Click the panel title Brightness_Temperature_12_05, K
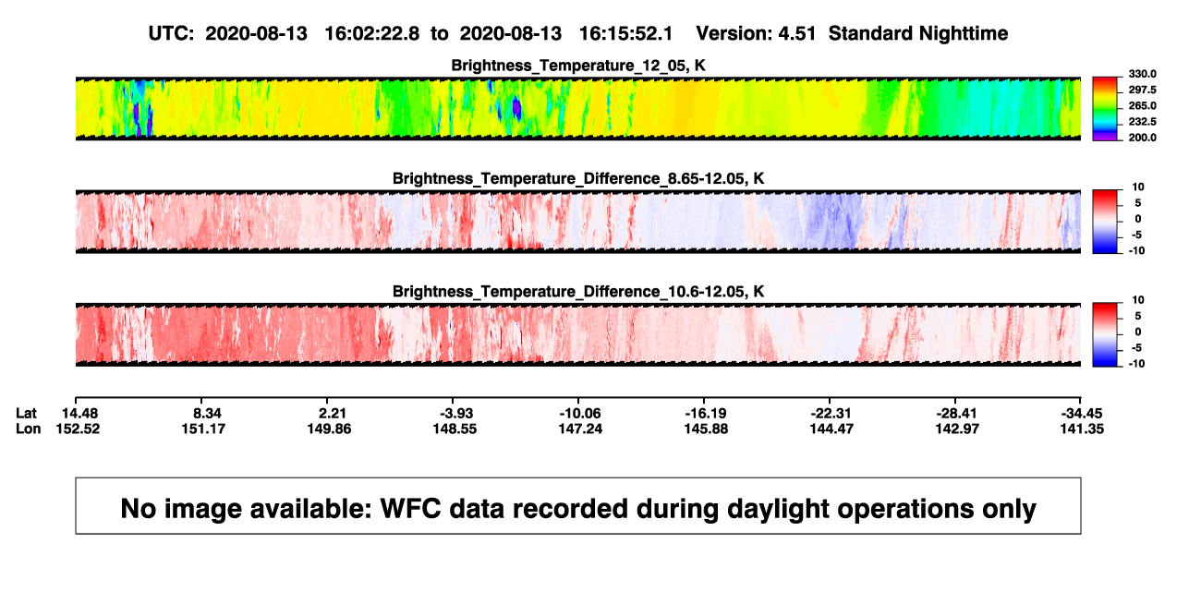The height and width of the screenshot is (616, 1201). pos(578,66)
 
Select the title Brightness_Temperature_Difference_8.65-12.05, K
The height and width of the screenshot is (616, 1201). pos(578,178)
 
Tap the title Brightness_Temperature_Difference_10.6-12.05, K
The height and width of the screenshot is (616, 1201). pos(578,292)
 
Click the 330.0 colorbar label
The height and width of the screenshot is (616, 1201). pos(1142,74)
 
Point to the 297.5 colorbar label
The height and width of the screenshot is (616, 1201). pos(1142,90)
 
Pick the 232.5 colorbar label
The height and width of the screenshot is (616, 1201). pos(1142,122)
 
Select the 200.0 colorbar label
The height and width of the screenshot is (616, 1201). pos(1142,138)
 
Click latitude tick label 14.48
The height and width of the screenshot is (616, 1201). pos(79,414)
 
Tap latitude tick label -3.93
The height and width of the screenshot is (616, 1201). pos(456,414)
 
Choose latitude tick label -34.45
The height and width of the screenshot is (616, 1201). pos(1082,414)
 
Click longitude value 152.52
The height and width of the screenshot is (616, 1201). pos(78,429)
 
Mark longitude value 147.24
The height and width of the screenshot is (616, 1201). pos(580,429)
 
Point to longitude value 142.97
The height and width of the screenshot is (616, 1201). pos(957,429)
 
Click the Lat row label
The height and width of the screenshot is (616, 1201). pos(26,414)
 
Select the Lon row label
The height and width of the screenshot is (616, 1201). pos(28,429)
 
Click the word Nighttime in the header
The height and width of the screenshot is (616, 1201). pos(963,34)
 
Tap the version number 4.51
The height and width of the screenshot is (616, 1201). pos(796,34)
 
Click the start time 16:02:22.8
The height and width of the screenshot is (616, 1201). pos(372,34)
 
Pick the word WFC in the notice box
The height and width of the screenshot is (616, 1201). pos(410,508)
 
